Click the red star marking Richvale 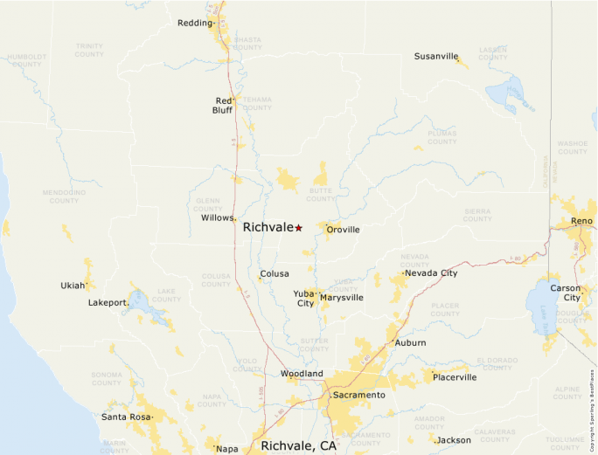click(298, 228)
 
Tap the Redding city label click(194, 23)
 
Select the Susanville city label click(436, 57)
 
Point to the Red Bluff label click(223, 106)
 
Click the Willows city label click(218, 217)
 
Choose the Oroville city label click(343, 230)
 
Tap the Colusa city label click(274, 273)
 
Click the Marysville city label click(341, 298)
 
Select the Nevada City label click(430, 273)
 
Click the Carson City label click(565, 293)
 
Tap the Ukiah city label click(72, 286)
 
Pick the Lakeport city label click(108, 303)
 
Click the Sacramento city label click(358, 396)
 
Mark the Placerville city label click(455, 377)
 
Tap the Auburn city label click(410, 343)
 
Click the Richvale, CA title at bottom click(298, 445)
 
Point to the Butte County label click(320, 194)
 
